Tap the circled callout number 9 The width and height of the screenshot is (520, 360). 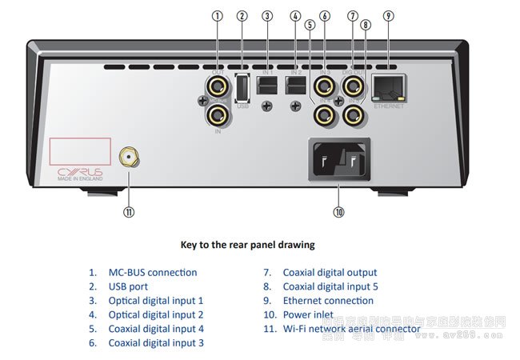coord(389,15)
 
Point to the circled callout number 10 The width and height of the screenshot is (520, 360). coord(339,212)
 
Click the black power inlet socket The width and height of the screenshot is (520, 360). coord(339,159)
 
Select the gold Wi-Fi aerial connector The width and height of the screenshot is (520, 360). coord(126,158)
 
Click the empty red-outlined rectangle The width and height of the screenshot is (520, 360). coord(80,150)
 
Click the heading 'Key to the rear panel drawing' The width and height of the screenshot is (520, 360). coord(247,244)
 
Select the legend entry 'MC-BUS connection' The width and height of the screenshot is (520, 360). coord(152,272)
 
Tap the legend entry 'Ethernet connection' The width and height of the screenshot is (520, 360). coord(327,301)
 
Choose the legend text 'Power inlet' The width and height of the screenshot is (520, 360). coord(309,315)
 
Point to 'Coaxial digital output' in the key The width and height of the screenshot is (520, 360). coord(330,272)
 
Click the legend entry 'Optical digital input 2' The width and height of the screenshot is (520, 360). coord(156,315)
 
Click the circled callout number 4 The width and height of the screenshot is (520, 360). coord(295,15)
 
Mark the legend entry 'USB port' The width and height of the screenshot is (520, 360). coord(128,286)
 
